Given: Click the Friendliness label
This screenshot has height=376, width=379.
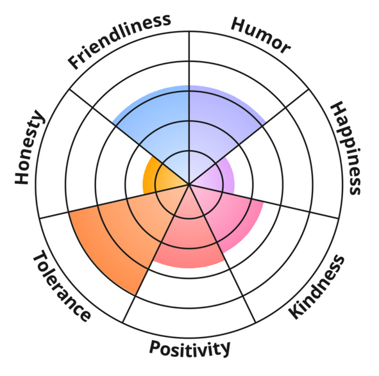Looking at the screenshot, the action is (x=119, y=41).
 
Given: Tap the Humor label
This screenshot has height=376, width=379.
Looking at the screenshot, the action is (x=260, y=35).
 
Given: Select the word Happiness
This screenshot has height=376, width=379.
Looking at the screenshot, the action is (x=346, y=148).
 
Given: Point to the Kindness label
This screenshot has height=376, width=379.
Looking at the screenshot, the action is (x=316, y=287).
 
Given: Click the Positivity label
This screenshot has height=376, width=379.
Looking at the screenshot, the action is (x=190, y=348).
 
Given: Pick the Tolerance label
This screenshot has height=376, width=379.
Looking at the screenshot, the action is (x=62, y=286).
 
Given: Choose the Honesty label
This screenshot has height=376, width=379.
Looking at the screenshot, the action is (x=29, y=147).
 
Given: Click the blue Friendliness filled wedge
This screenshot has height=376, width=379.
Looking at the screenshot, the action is (x=160, y=126).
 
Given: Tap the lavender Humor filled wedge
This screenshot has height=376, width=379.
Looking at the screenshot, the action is (x=219, y=126).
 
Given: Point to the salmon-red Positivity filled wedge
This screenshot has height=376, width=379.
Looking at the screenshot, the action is (x=189, y=234).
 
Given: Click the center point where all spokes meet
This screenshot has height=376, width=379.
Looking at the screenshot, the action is (x=189, y=184).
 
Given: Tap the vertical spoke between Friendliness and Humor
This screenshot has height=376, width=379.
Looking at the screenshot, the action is (x=189, y=108).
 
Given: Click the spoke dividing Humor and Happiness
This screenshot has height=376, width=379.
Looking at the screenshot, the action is (x=249, y=137).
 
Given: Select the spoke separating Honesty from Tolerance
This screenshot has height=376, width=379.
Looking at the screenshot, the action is (x=114, y=201).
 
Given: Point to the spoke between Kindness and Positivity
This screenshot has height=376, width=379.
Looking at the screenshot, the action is (x=223, y=254).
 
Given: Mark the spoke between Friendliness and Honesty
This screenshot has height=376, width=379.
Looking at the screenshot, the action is (x=130, y=137).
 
